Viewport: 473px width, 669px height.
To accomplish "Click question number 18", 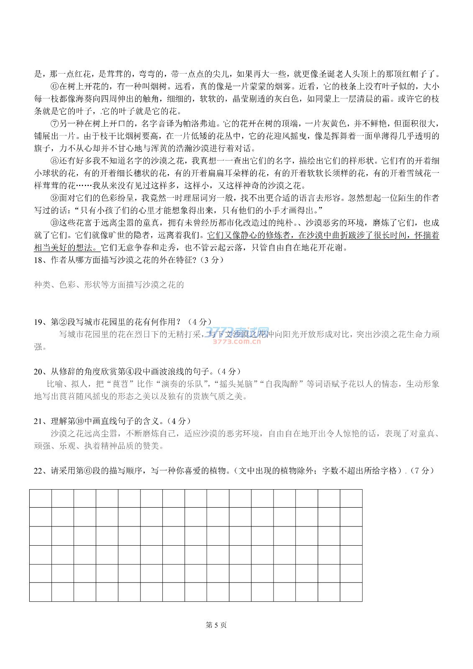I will pyautogui.click(x=38, y=260).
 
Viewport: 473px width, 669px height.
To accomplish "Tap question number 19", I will pyautogui.click(x=38, y=322).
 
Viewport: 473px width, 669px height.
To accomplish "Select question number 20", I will pyautogui.click(x=38, y=371).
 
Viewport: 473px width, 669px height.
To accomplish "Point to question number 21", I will pyautogui.click(x=38, y=421).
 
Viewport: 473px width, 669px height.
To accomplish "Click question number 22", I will pyautogui.click(x=38, y=471).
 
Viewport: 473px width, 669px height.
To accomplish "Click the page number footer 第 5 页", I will pyautogui.click(x=216, y=625).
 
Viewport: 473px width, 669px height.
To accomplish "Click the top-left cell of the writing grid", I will pyautogui.click(x=41, y=498).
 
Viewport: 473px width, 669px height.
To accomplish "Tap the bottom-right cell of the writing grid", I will pyautogui.click(x=351, y=592).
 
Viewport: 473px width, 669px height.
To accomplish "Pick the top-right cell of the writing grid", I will pyautogui.click(x=351, y=498).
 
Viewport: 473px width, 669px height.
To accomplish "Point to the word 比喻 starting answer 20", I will pyautogui.click(x=55, y=384).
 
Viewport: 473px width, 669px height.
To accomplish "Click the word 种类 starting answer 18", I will pyautogui.click(x=42, y=285).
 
